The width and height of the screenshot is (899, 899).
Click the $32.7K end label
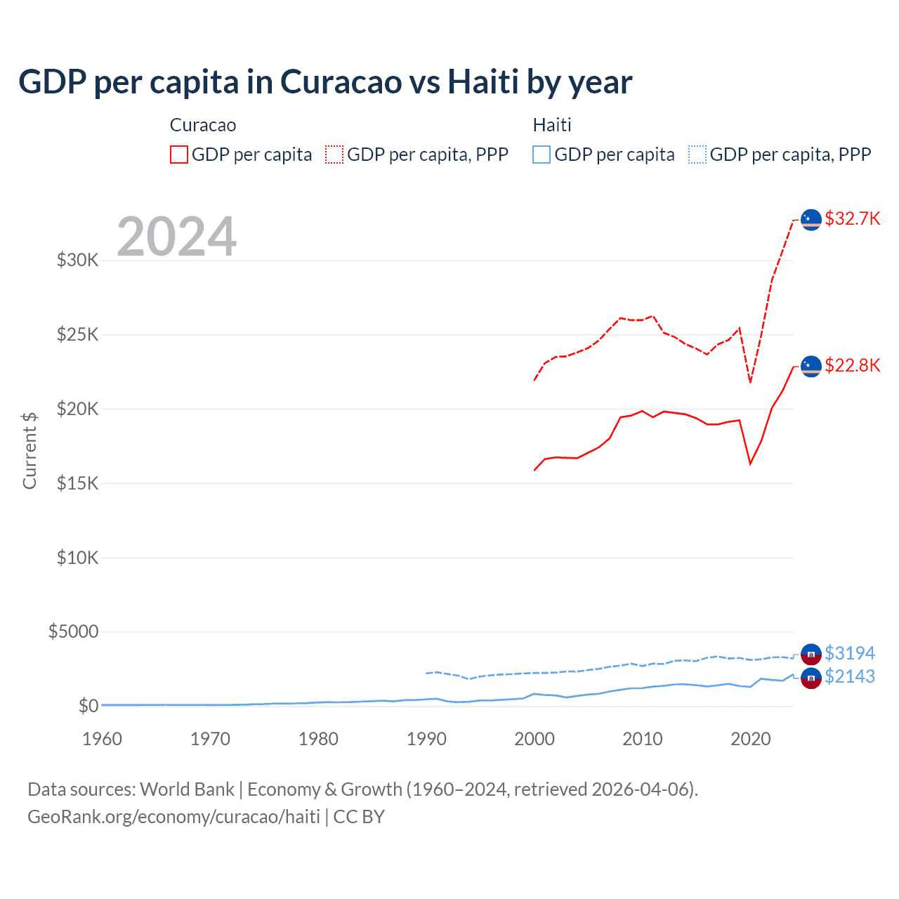click(x=852, y=218)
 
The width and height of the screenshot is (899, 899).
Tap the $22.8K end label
click(x=852, y=365)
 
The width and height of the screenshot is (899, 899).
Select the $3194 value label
click(x=849, y=653)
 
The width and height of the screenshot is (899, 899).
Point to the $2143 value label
click(x=849, y=676)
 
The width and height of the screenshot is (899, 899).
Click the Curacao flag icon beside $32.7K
click(x=811, y=220)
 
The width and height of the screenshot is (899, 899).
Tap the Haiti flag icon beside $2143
click(x=811, y=678)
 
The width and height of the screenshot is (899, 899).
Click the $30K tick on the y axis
click(x=78, y=260)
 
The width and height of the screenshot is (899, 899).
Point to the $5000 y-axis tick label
click(x=74, y=631)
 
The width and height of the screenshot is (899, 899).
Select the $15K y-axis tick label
click(x=78, y=483)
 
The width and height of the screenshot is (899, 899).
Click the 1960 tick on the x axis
click(x=103, y=739)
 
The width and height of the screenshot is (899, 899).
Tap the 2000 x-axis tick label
click(x=534, y=739)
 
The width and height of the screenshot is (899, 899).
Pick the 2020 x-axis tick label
click(x=750, y=739)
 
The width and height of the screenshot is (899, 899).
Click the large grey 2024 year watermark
click(x=176, y=237)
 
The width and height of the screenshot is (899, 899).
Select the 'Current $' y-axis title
click(x=29, y=451)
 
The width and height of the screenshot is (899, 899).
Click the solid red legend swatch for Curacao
click(x=179, y=155)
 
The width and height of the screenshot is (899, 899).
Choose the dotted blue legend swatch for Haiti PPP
click(x=697, y=155)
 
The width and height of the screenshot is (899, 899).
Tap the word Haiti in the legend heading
click(x=552, y=125)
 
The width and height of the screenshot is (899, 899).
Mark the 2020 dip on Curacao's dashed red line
click(x=750, y=382)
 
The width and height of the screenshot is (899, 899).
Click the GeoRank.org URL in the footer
click(x=173, y=817)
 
